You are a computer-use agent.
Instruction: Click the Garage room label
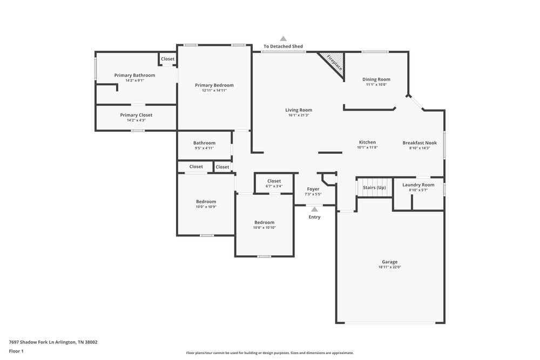pyautogui.click(x=389, y=262)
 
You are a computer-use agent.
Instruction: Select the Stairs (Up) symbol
pyautogui.click(x=374, y=187)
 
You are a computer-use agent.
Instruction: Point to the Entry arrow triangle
pyautogui.click(x=314, y=209)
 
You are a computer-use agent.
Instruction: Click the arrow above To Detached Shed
pyautogui.click(x=283, y=38)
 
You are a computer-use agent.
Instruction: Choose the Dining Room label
pyautogui.click(x=376, y=79)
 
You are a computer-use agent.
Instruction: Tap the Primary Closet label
pyautogui.click(x=136, y=115)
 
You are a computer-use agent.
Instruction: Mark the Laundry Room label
pyautogui.click(x=418, y=185)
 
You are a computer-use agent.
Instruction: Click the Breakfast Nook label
pyautogui.click(x=420, y=142)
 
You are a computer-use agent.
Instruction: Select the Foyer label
pyautogui.click(x=313, y=189)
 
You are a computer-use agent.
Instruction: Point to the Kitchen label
pyautogui.click(x=367, y=142)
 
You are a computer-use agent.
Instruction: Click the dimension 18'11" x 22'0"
pyautogui.click(x=389, y=267)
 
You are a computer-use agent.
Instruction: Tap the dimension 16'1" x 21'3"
pyautogui.click(x=299, y=115)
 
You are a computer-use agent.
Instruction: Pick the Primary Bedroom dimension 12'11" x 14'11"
pyautogui.click(x=214, y=90)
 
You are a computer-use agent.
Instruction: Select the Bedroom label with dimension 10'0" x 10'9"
pyautogui.click(x=206, y=201)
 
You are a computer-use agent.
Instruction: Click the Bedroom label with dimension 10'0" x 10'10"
pyautogui.click(x=264, y=222)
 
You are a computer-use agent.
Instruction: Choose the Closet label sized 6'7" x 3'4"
pyautogui.click(x=274, y=181)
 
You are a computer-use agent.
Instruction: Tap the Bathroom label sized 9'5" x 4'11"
pyautogui.click(x=204, y=143)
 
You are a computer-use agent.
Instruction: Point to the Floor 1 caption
pyautogui.click(x=16, y=351)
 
